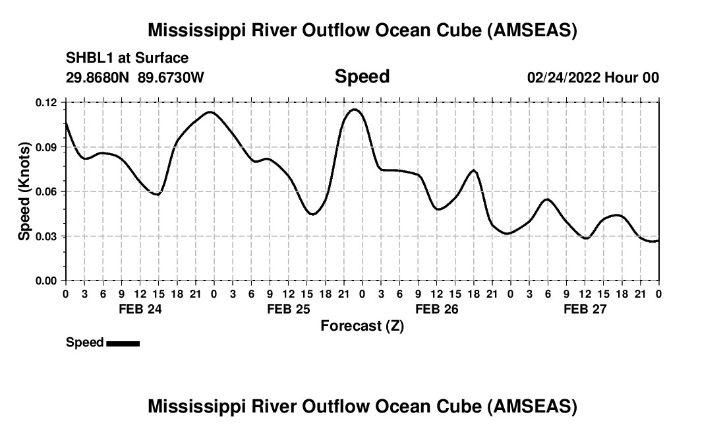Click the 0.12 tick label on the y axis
click(46, 102)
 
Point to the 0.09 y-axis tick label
click(46, 147)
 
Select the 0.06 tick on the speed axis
click(46, 191)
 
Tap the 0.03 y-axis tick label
click(46, 236)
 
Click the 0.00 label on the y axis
click(46, 280)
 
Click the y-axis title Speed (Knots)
click(24, 191)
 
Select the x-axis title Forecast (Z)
click(362, 326)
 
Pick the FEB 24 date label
click(140, 310)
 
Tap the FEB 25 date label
click(288, 310)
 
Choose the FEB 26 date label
click(436, 310)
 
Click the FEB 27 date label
click(585, 310)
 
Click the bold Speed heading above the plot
click(362, 77)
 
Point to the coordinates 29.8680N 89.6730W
click(135, 78)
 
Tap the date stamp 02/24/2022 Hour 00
click(593, 78)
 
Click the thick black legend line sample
click(123, 343)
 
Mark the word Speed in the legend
click(85, 343)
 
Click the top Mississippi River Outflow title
click(362, 30)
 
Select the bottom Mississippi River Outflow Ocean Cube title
click(362, 407)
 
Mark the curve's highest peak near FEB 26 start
click(355, 110)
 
